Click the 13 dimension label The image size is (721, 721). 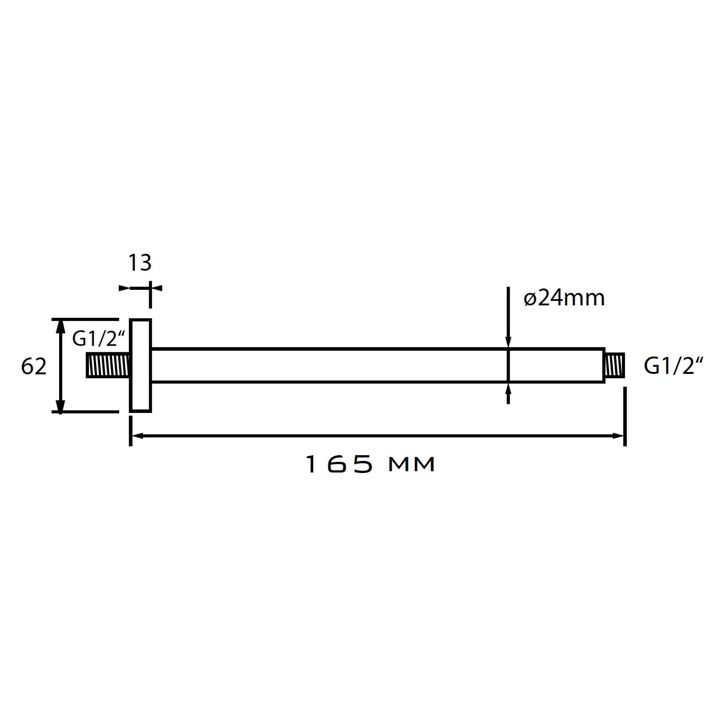pos(140,263)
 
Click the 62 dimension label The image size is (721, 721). pos(34,367)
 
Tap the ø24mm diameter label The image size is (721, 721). pos(564,298)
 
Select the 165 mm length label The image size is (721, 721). pos(371,464)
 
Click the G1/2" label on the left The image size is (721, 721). pos(99,339)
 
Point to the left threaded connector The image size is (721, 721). pos(108,365)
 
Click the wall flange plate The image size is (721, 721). pos(140,365)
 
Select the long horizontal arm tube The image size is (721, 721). pos(378,365)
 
